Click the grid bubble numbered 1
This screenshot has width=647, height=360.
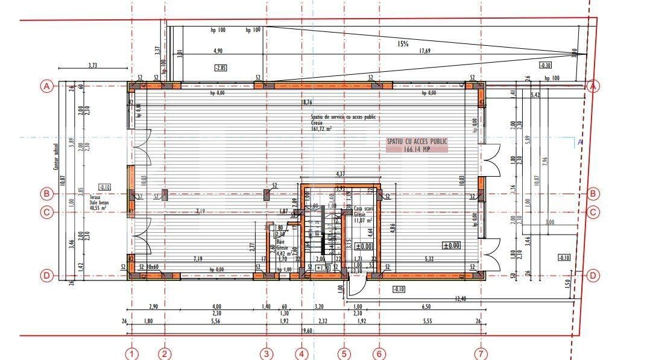132,353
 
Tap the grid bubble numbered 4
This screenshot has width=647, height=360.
302,353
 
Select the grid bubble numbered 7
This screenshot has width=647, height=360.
481,353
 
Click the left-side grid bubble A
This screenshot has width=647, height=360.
46,86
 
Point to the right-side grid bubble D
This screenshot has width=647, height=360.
593,276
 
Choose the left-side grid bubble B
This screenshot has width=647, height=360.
46,194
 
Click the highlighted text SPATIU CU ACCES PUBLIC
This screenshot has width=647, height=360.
417,141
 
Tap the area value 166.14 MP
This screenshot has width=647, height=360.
417,148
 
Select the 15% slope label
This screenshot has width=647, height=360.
403,43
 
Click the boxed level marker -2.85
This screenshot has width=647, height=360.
221,68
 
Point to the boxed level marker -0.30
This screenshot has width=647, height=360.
545,65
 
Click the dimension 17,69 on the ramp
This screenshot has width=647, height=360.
424,51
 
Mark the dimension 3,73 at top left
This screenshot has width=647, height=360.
92,65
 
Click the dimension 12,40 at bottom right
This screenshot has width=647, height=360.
461,298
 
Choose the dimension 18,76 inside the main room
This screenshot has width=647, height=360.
307,103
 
